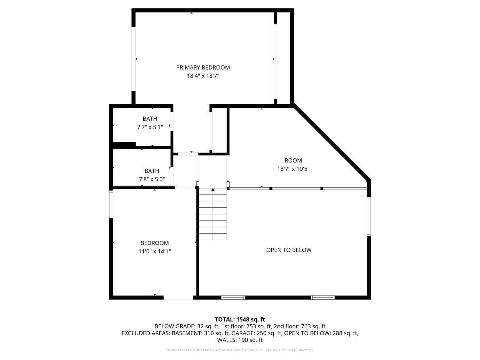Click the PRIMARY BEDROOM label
(203, 68)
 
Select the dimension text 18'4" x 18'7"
(203, 76)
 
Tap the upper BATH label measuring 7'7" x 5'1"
(150, 119)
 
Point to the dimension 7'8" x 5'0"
(152, 179)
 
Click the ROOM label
(293, 161)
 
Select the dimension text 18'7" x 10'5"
(293, 169)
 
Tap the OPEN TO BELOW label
(289, 250)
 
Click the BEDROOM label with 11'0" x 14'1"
(155, 243)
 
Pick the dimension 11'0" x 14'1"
(155, 252)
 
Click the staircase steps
(213, 218)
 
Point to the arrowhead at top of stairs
(213, 190)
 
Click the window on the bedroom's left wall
(111, 204)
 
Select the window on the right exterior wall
(369, 216)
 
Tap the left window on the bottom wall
(233, 298)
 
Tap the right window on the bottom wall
(323, 298)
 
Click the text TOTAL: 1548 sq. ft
(240, 319)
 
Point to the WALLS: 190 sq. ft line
(240, 340)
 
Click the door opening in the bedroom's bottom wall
(178, 298)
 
